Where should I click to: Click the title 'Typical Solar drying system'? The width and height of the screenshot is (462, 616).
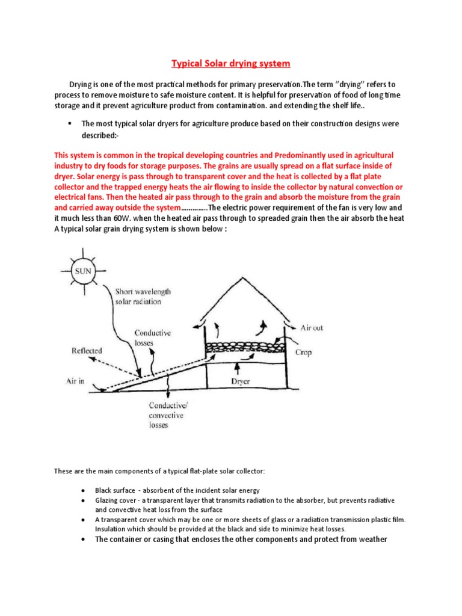pos(231,63)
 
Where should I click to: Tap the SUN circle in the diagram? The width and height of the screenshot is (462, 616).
pos(83,271)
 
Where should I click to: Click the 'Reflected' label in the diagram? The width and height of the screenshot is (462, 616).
pos(87,351)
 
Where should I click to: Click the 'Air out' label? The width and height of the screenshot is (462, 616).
pos(312,328)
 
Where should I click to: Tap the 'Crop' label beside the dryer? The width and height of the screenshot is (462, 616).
pos(303,352)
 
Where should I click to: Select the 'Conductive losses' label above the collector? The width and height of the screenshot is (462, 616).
pos(153,337)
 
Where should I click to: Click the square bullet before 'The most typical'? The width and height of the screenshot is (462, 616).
pos(70,123)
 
